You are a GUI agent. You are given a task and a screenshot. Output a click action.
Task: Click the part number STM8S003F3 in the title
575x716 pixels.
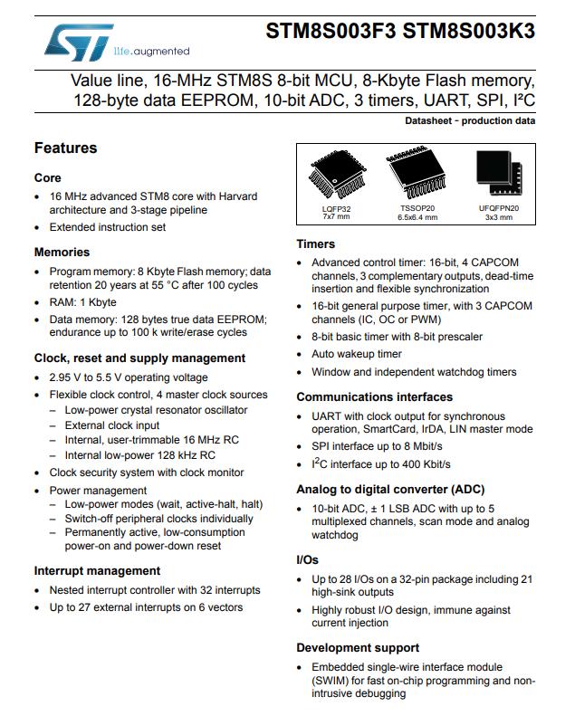(x=331, y=32)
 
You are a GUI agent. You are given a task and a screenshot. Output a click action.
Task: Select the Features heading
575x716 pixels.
(x=65, y=148)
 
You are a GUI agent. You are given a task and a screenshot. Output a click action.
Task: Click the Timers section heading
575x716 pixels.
(x=315, y=243)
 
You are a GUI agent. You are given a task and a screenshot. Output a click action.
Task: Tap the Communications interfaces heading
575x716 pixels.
(x=374, y=396)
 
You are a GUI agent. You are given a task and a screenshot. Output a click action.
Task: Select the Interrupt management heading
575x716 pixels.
(x=97, y=570)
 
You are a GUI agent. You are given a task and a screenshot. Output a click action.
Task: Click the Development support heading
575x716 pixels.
(x=358, y=647)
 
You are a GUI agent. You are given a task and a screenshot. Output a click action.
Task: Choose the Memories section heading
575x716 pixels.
(x=62, y=252)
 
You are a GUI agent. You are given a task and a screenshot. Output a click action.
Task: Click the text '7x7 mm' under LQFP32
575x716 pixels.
(x=336, y=217)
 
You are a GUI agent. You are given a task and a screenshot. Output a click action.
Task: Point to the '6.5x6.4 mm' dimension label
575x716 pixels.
(x=417, y=217)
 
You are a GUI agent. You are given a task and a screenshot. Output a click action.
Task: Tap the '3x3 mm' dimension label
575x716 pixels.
(x=499, y=217)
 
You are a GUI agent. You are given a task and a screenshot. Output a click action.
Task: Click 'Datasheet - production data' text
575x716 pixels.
(x=470, y=120)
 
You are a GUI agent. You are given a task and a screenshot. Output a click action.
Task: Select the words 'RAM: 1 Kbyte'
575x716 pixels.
(x=82, y=302)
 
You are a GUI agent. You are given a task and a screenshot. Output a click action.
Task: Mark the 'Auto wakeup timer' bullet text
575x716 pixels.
(x=357, y=354)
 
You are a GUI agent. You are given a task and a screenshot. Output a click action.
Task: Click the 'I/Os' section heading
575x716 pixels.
(x=307, y=560)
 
